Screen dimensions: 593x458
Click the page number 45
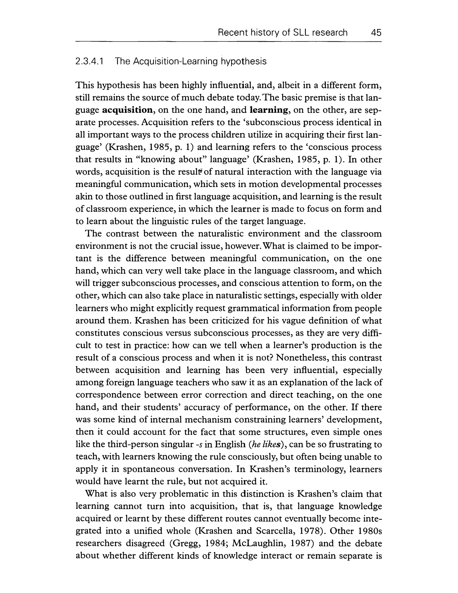(x=376, y=33)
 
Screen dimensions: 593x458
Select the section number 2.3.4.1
(x=89, y=62)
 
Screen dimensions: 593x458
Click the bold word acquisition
(x=128, y=110)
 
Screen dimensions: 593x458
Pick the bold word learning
(x=268, y=110)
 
